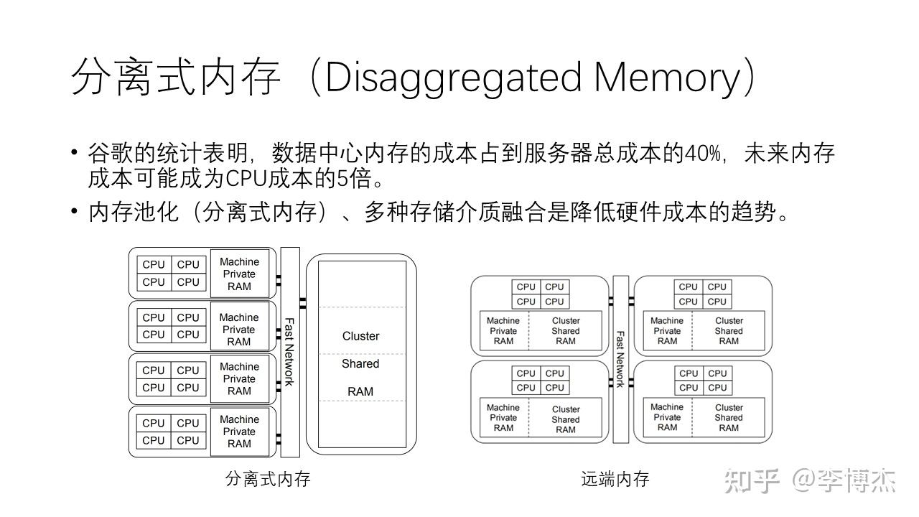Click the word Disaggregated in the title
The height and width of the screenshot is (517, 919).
coord(454,78)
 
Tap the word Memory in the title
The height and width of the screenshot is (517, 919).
coord(667,78)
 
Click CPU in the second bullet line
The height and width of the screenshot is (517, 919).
coord(246,179)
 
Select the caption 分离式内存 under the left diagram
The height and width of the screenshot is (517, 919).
coord(268,479)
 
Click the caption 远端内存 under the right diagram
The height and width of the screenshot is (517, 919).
coord(615,479)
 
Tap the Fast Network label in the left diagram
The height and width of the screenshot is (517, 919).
coord(289,352)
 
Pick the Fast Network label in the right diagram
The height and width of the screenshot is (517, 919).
coord(620,359)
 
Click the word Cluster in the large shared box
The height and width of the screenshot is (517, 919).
coord(360,336)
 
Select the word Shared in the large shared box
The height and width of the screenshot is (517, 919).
coord(360,363)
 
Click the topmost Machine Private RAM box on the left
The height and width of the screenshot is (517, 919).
coord(240,274)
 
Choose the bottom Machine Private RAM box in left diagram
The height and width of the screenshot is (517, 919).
coord(240,432)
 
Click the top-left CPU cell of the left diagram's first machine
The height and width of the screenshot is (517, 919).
coord(154,265)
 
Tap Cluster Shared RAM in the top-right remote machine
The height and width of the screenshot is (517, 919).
coord(729,331)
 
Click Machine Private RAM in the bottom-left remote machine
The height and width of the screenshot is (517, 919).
coord(503,417)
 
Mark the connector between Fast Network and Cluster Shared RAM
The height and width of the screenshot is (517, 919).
coord(303,303)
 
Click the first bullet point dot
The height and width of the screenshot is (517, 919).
coord(74,153)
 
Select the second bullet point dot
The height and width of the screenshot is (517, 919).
coord(74,212)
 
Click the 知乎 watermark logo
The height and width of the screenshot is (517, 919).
coord(752,481)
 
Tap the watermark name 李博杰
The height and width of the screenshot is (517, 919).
coord(857,481)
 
